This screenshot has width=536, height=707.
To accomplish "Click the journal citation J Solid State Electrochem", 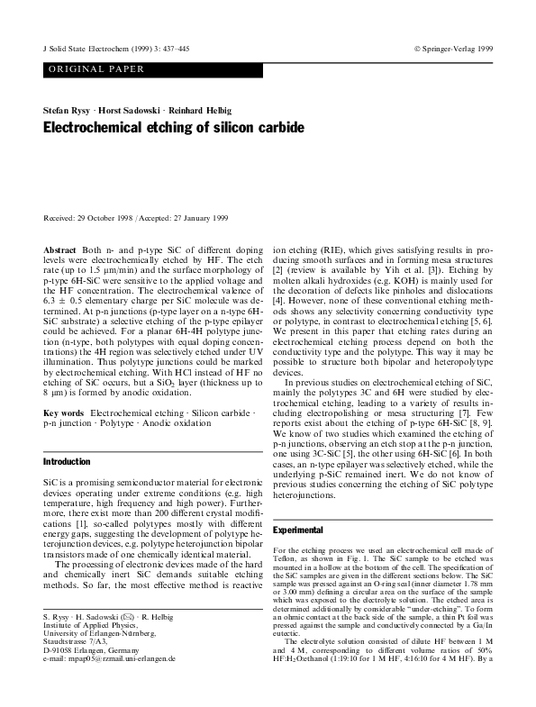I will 86,47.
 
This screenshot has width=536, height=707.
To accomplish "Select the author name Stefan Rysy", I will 65,109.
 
